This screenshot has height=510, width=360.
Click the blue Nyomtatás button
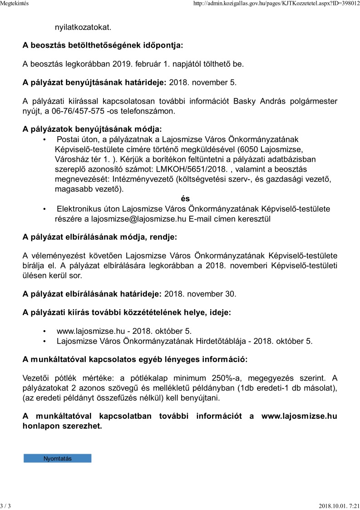point(58,459)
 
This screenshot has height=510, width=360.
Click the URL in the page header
point(276,4)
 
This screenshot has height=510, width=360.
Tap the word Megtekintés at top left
point(15,4)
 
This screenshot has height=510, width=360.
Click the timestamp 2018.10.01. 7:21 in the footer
point(339,506)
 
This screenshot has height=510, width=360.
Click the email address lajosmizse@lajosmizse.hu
point(138,219)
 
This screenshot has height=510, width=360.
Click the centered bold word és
point(185,199)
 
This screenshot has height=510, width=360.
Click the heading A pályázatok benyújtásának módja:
point(92,129)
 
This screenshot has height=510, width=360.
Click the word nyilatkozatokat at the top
point(83,27)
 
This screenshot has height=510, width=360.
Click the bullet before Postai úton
point(44,139)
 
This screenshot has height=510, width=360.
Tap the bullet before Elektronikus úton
point(44,209)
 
